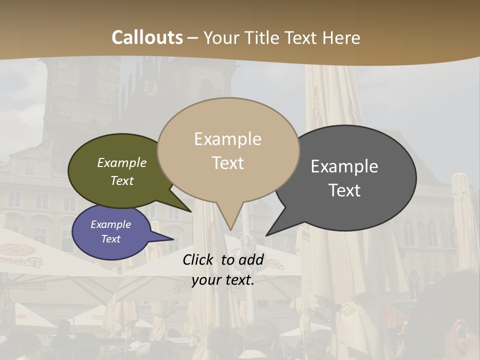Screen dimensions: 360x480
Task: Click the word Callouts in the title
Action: tap(147, 37)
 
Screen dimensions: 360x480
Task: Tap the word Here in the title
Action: tap(341, 37)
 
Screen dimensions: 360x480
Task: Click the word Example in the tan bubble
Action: tap(227, 139)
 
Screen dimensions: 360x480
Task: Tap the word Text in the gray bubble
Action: tap(345, 190)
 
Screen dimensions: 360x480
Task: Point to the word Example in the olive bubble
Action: tap(121, 163)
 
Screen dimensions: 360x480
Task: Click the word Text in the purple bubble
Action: tap(110, 239)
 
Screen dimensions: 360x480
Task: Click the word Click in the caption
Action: tap(199, 259)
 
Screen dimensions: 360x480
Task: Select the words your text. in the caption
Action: tap(223, 280)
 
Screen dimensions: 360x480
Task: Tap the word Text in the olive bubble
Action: tap(121, 181)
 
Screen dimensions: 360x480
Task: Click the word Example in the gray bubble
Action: tap(344, 166)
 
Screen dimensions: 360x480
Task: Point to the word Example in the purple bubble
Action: tap(110, 224)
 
